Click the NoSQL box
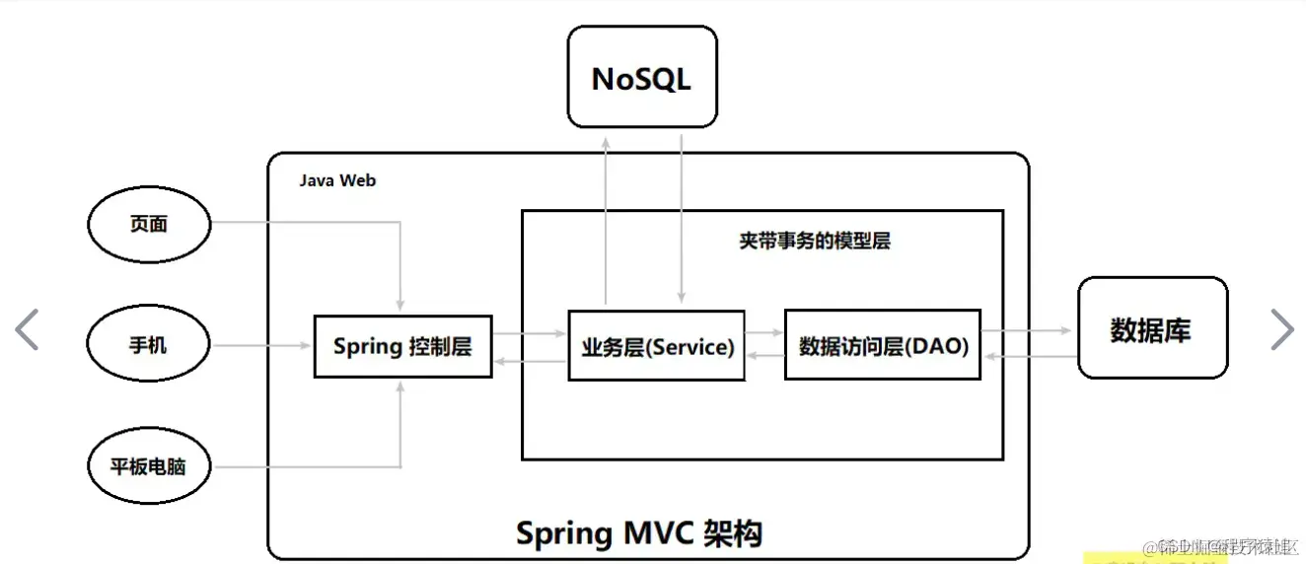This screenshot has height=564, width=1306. coord(641,77)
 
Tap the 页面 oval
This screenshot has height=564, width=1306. coord(150,225)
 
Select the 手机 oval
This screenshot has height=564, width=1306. coord(149,345)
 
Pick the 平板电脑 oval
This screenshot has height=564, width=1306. coord(150,466)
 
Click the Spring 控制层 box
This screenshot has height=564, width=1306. coord(402,346)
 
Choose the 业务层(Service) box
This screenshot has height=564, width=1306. coord(657,346)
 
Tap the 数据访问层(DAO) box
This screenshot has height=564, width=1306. coord(883,345)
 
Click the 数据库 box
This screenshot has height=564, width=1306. coord(1152,328)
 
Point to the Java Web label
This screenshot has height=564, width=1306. coord(337,180)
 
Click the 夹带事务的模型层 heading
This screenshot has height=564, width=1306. coord(815,241)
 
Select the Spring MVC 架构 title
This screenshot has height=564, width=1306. coord(639,533)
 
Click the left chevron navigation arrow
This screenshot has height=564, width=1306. coord(28,329)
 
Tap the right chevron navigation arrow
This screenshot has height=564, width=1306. coord(1280,329)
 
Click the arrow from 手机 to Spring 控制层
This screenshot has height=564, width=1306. coord(262,345)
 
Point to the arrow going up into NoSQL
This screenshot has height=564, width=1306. coord(607,217)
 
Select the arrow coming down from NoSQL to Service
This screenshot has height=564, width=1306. coord(681,217)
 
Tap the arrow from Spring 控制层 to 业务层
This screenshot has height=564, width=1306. coord(530,334)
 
